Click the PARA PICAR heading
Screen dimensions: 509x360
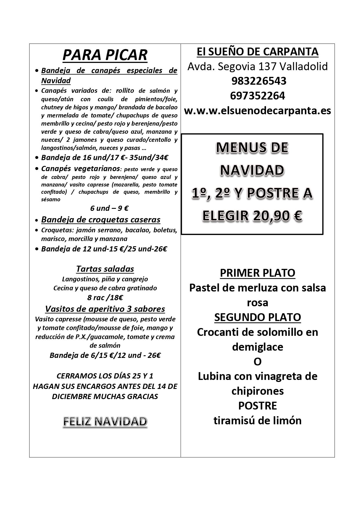click(105, 55)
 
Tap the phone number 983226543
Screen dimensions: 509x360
click(257, 81)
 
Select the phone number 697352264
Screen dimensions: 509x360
click(257, 96)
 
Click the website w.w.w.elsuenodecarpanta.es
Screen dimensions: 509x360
click(257, 111)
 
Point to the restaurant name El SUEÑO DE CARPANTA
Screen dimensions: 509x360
click(257, 52)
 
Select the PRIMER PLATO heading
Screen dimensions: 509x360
click(257, 273)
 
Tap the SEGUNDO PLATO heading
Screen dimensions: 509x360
click(257, 317)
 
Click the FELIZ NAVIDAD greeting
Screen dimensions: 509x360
click(105, 422)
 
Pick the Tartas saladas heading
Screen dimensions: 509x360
click(105, 269)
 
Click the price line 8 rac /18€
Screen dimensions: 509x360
click(105, 298)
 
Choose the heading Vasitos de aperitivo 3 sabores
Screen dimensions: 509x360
click(105, 309)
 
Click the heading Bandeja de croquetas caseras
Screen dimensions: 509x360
click(101, 220)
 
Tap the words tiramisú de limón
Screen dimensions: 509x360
click(257, 421)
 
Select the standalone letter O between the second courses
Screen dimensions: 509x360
click(257, 362)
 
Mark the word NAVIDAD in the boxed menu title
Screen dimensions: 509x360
click(252, 170)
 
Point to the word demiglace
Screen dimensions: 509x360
click(257, 347)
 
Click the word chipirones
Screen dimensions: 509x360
click(257, 391)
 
